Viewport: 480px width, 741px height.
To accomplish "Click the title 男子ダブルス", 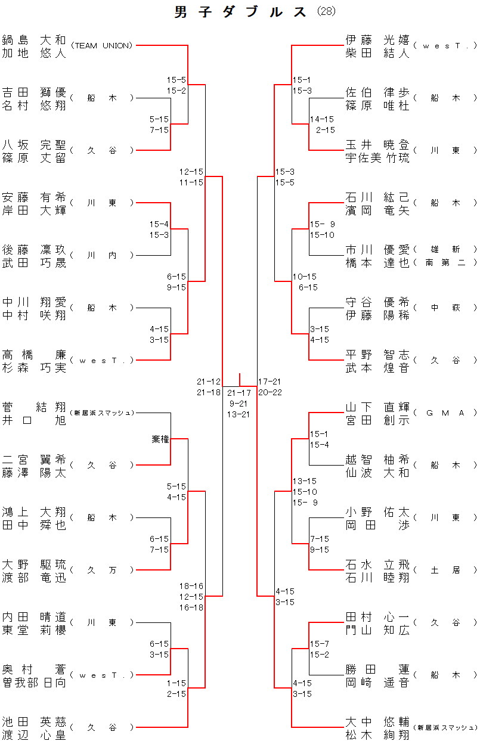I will coord(241,12).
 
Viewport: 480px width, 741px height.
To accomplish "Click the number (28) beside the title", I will coord(326,11).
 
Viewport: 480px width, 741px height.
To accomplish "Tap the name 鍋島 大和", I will coord(34,40).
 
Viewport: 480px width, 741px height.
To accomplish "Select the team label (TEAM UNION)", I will coord(101,45).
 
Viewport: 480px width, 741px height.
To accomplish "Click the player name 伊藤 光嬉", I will coord(377,40).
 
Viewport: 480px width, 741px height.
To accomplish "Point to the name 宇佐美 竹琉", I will coord(377,158).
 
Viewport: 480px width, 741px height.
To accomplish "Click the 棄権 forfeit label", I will coord(160,439).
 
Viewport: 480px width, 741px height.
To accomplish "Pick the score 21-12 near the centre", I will coord(209,382).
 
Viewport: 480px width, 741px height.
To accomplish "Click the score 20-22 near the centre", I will coord(270,392).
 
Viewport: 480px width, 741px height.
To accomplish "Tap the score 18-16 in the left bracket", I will coord(191,586).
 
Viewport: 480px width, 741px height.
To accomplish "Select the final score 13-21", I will coord(239,414).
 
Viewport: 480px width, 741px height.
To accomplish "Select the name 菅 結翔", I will coord(34,407).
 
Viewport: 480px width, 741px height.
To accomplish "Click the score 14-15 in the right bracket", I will coord(322,119).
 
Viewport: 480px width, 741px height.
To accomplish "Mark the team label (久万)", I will coord(101,570).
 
